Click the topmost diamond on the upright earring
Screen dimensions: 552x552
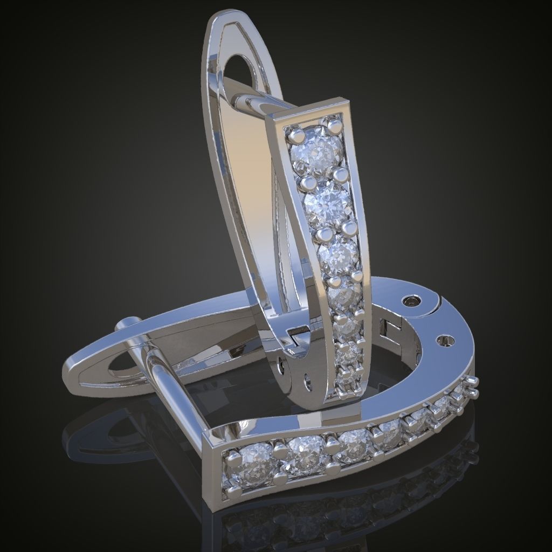point(316,153)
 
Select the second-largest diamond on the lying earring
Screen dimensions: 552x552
point(305,456)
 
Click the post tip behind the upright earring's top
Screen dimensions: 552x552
point(243,101)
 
